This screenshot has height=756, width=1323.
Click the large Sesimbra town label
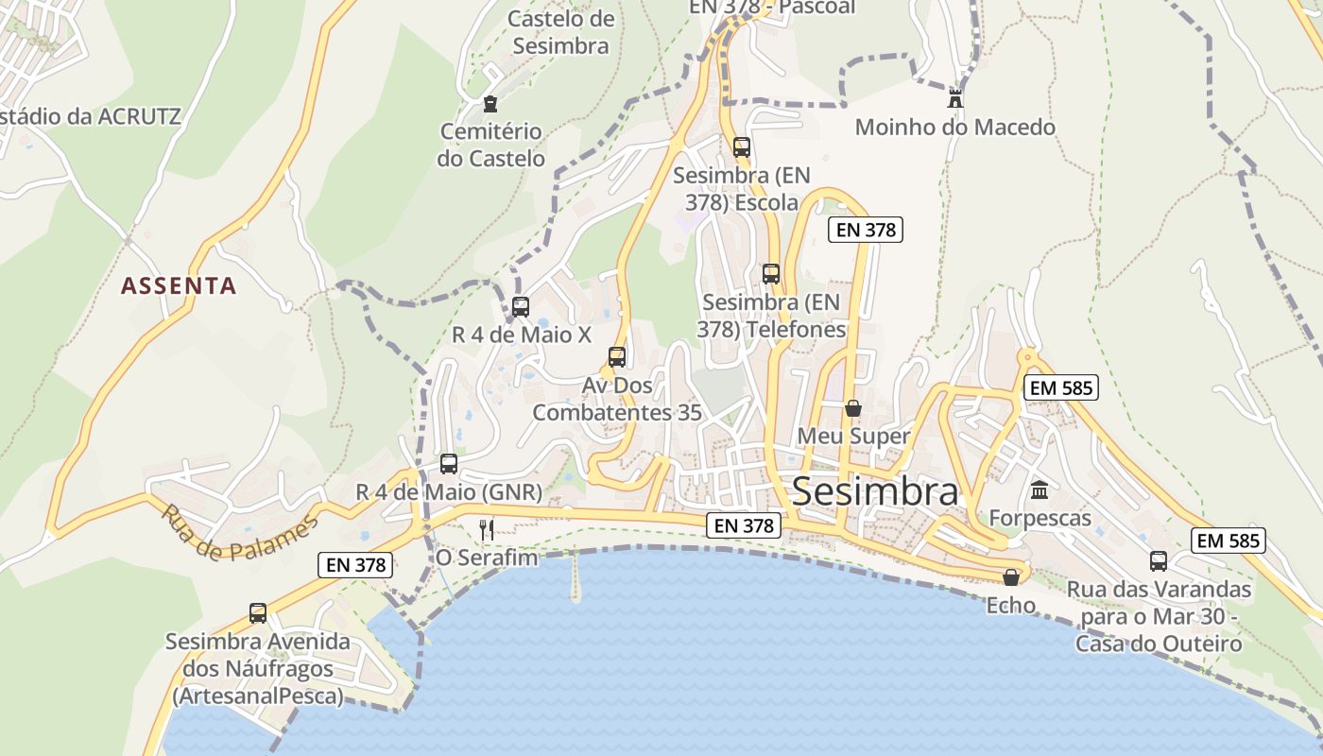875,491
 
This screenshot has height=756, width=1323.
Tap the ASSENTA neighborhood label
179,285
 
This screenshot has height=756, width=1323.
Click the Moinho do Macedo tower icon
954,97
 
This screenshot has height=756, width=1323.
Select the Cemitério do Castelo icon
490,103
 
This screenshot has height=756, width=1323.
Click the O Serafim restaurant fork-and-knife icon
487,529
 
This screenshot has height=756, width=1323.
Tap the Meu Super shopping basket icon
852,408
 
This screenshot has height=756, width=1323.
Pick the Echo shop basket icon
1011,576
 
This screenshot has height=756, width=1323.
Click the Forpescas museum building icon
1039,490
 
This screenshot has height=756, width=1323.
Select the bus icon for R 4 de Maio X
520,306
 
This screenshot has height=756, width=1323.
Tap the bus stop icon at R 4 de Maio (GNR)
449,464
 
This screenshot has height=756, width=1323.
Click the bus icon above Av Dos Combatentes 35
617,357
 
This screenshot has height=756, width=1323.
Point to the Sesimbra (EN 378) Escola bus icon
742,147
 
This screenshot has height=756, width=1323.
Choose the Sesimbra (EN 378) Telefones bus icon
771,274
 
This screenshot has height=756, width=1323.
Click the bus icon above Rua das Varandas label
1159,560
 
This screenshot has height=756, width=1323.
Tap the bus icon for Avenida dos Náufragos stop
258,612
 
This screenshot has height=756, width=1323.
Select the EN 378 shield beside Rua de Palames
354,565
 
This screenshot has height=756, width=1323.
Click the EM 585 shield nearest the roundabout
1060,387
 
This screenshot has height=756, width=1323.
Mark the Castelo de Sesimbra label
559,31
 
